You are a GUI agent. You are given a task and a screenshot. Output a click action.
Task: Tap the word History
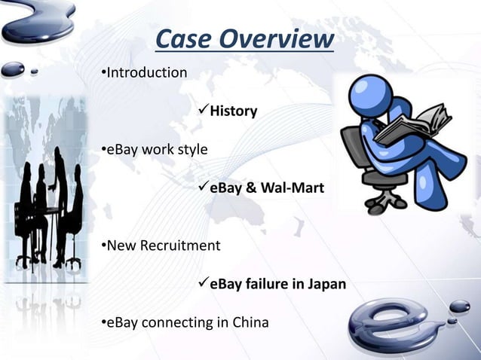pos(233,111)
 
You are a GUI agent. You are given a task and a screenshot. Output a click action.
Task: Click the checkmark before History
pos(202,111)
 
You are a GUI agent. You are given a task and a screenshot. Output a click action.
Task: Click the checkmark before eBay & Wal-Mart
pos(202,187)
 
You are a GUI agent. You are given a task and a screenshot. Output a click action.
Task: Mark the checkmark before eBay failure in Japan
pos(202,283)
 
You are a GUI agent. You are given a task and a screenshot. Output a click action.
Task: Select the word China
pos(250,323)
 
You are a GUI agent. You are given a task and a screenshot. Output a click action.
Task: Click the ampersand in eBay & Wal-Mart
pos(247,188)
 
